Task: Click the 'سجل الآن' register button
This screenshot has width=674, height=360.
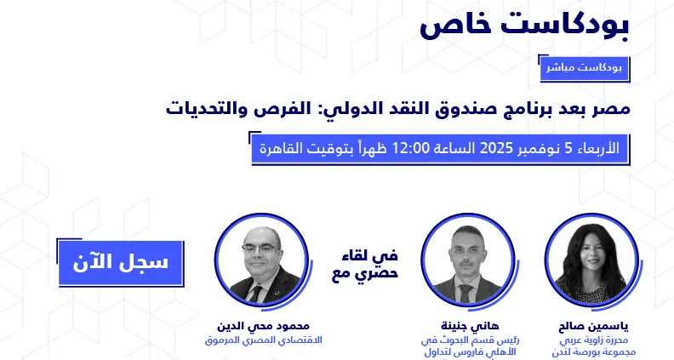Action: coord(113,262)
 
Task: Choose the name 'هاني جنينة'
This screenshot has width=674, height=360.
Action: coord(464,326)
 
